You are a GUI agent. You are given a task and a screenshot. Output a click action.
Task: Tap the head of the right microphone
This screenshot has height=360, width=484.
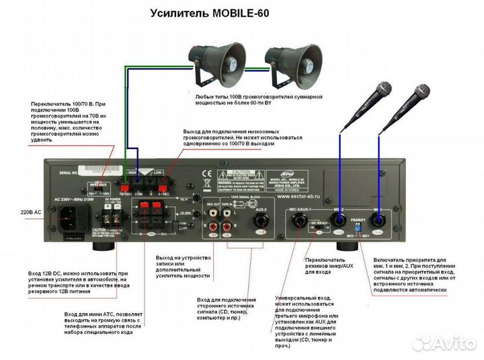pos(421,91)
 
